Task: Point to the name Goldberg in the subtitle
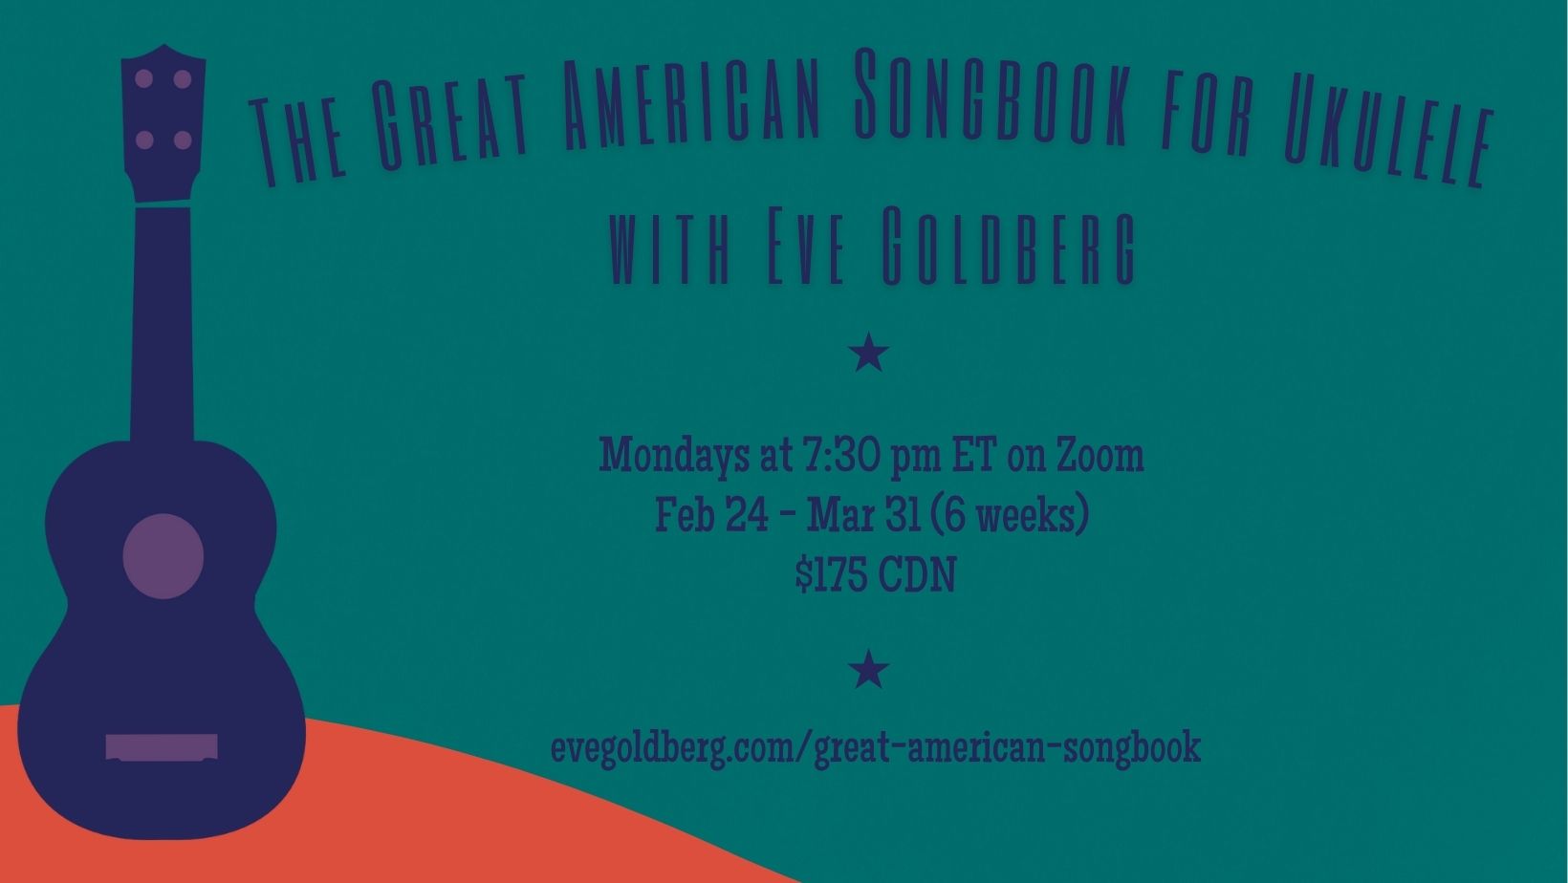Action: [1008, 246]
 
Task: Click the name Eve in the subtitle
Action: [806, 246]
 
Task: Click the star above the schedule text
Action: [869, 353]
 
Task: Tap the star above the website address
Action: [869, 669]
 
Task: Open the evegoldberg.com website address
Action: [876, 748]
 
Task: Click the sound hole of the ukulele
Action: [163, 556]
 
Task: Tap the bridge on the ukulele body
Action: [162, 747]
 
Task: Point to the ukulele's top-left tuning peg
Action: [144, 78]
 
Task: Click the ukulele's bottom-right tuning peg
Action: [183, 140]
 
